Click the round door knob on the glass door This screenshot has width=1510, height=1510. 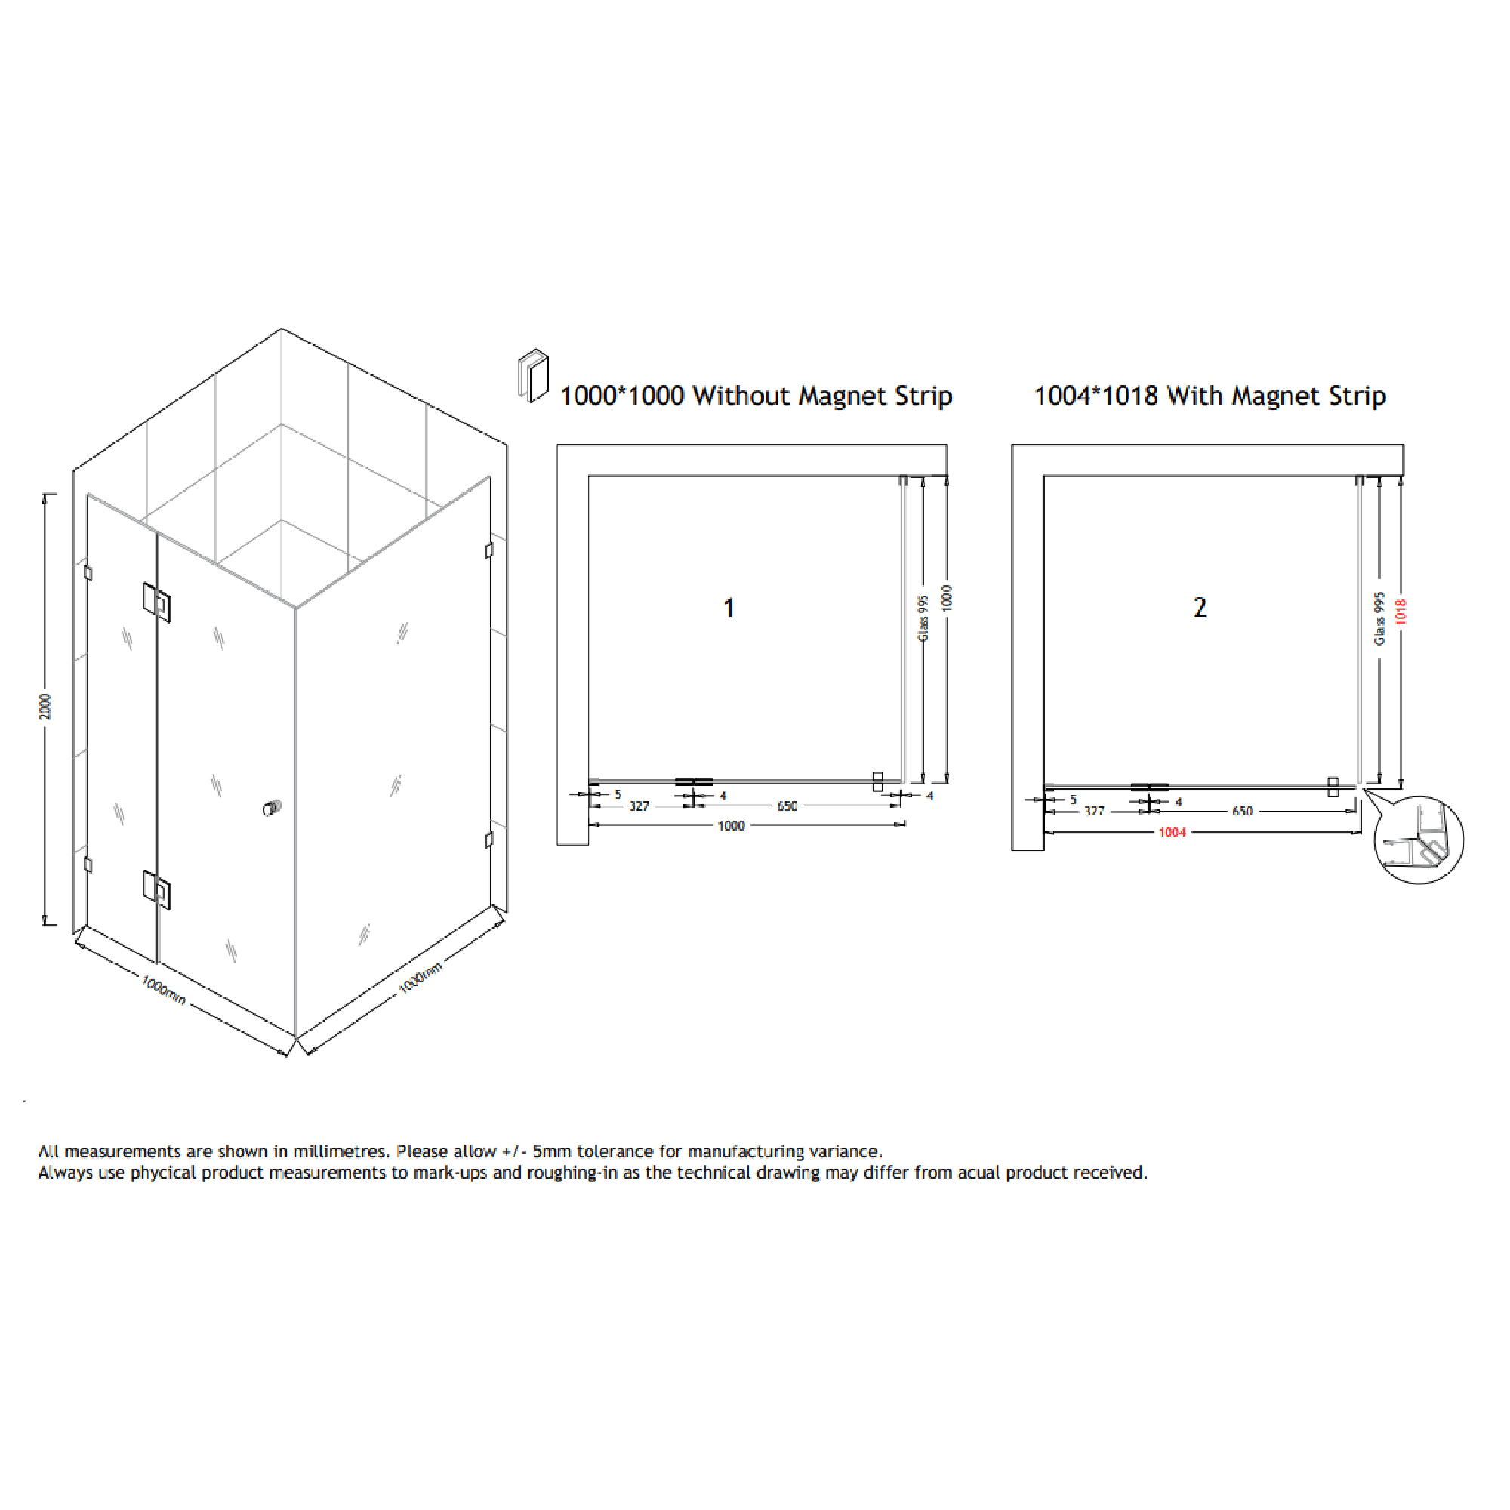coord(271,808)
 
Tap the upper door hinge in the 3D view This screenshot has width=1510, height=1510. coord(156,602)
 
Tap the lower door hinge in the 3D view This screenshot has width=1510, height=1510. coord(156,889)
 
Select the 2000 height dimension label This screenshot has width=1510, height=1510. coord(45,707)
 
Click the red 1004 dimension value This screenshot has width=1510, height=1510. coord(1172,832)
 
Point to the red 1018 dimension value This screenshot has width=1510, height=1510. coord(1401,612)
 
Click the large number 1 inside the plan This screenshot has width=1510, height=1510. coord(729,608)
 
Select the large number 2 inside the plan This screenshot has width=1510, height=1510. coord(1200,607)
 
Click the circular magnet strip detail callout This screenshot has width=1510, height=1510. coord(1419,840)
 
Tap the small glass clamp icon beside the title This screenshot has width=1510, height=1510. coord(533,376)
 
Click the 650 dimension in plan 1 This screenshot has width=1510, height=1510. coord(787,806)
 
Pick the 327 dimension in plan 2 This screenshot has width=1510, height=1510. coord(1094,812)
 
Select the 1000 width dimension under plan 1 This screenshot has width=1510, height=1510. coord(731,826)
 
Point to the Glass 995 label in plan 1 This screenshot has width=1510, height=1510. coord(923,618)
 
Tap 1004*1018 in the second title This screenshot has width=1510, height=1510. coord(1096,396)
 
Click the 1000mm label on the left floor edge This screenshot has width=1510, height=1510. coord(163,990)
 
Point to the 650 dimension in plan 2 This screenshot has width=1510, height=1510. coord(1242,812)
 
